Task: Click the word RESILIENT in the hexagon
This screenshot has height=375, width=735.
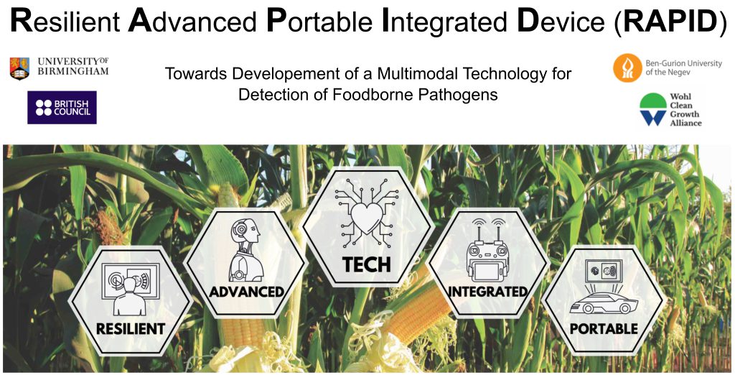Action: pos(131,328)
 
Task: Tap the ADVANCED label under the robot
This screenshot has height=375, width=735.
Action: pos(247,292)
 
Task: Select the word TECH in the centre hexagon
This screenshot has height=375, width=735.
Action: pos(367,264)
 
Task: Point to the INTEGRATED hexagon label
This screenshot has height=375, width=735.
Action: pos(487,292)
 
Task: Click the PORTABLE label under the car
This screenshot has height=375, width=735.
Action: pos(604,328)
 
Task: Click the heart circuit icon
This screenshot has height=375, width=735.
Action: pos(367,213)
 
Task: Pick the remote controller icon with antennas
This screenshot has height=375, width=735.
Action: pos(487,249)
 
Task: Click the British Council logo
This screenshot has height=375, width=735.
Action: pos(62,108)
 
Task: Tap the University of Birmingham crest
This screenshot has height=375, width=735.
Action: pos(19,68)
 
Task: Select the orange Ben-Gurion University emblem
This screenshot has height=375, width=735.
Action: pos(627,68)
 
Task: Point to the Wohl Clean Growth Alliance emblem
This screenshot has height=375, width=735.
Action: pos(653,109)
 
